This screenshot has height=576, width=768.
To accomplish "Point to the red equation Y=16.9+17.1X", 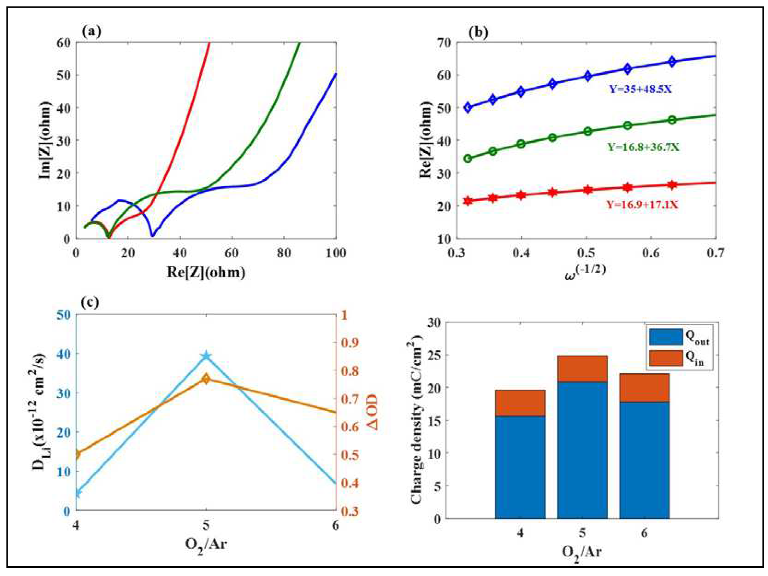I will [642, 205].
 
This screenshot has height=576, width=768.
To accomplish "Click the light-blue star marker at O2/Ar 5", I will [206, 356].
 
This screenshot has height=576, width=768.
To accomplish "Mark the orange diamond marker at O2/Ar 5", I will [206, 379].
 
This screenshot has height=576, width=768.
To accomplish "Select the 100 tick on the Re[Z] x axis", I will [336, 253].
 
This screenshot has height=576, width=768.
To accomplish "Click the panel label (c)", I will [90, 302].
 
